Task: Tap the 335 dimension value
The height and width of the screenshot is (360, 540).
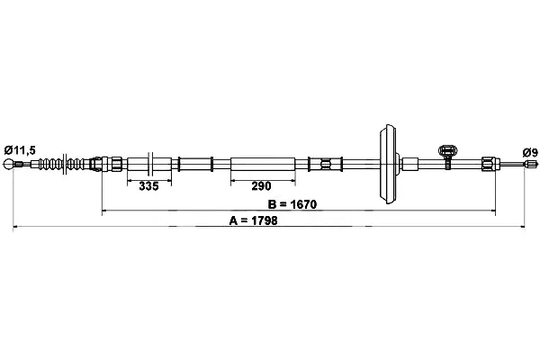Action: click(149, 186)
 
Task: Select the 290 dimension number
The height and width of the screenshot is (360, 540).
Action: click(261, 186)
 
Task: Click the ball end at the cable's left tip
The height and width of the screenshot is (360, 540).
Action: click(13, 165)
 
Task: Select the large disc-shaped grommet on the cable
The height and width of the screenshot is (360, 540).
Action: click(388, 163)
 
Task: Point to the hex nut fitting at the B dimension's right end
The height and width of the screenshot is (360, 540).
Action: click(488, 164)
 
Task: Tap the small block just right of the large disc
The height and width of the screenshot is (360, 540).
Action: click(410, 164)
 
